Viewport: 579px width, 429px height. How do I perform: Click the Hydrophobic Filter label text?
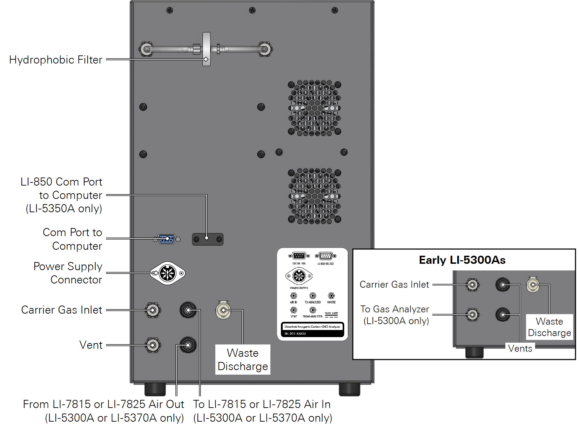(x=56, y=60)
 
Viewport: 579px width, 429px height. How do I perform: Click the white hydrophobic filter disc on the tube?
(x=207, y=49)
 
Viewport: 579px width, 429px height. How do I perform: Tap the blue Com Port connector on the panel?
(x=167, y=239)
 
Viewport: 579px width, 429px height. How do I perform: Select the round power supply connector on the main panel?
(x=168, y=273)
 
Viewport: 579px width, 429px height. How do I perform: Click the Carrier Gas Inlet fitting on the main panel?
(x=153, y=310)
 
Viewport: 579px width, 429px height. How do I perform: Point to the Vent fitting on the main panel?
(x=153, y=345)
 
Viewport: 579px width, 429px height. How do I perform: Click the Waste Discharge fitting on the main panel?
(x=223, y=310)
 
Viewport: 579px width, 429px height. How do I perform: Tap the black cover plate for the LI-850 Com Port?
(x=208, y=239)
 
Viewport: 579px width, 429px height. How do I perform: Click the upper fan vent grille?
(x=314, y=108)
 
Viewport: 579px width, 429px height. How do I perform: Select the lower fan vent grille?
(x=314, y=196)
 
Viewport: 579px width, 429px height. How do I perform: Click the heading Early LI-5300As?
(x=462, y=260)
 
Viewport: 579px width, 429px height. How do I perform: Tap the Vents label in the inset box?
(x=520, y=348)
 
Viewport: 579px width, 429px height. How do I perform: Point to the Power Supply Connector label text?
(x=68, y=273)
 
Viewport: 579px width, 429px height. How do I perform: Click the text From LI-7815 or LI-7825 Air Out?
(x=103, y=404)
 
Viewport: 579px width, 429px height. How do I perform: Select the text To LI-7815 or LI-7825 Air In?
(x=262, y=404)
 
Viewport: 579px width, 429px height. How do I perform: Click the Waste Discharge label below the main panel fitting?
(x=243, y=360)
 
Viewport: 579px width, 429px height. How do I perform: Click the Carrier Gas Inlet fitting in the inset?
(x=472, y=284)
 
